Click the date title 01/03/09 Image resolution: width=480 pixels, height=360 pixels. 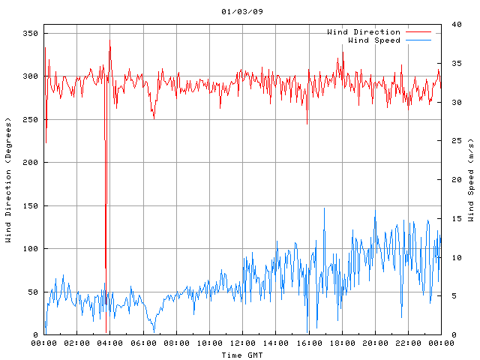pyautogui.click(x=239, y=12)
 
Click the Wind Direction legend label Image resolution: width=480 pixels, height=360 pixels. pyautogui.click(x=364, y=32)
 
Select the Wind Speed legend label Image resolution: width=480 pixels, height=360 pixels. pyautogui.click(x=374, y=40)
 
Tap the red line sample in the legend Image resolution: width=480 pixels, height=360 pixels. pyautogui.click(x=419, y=32)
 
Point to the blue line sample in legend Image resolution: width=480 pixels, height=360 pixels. pyautogui.click(x=419, y=40)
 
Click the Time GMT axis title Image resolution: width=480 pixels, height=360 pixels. pyautogui.click(x=242, y=355)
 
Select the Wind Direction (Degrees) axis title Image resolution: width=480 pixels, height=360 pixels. pyautogui.click(x=9, y=180)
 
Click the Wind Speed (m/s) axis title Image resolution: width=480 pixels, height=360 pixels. pyautogui.click(x=471, y=180)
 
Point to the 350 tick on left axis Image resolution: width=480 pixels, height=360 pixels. pyautogui.click(x=30, y=33)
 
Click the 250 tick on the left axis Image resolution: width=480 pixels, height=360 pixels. pyautogui.click(x=30, y=119)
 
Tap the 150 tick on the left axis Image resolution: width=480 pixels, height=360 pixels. pyautogui.click(x=30, y=205)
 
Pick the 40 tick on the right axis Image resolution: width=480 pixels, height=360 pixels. pyautogui.click(x=451, y=25)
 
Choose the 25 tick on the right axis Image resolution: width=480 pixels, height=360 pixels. pyautogui.click(x=451, y=141)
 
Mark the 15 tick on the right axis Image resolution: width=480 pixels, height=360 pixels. pyautogui.click(x=451, y=218)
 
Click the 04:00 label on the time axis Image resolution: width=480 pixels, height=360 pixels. pyautogui.click(x=110, y=343)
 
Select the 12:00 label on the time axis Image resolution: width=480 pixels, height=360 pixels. pyautogui.click(x=242, y=343)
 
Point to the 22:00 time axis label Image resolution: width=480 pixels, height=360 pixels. pyautogui.click(x=408, y=343)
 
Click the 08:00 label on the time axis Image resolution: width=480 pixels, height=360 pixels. pyautogui.click(x=176, y=343)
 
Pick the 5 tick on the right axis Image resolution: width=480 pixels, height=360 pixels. pyautogui.click(x=448, y=295)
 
